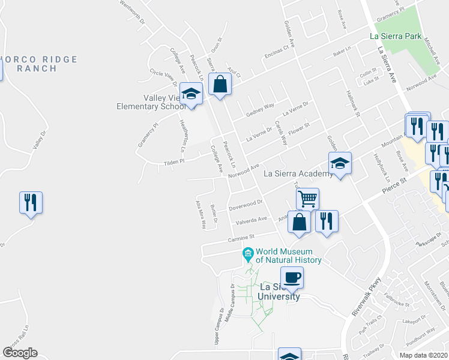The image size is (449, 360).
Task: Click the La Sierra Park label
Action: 399,35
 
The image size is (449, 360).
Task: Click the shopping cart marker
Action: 307,199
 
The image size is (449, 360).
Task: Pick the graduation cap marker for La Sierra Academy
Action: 340,164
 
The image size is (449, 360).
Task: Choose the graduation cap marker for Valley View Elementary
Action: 191,95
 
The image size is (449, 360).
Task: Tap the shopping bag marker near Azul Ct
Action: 220,85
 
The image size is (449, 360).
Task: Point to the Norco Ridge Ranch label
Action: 37,64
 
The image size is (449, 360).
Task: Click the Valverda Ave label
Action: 250,221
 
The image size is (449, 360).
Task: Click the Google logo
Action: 20,353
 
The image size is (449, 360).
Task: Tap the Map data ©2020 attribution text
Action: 423,355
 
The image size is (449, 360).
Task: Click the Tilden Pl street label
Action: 175,162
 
